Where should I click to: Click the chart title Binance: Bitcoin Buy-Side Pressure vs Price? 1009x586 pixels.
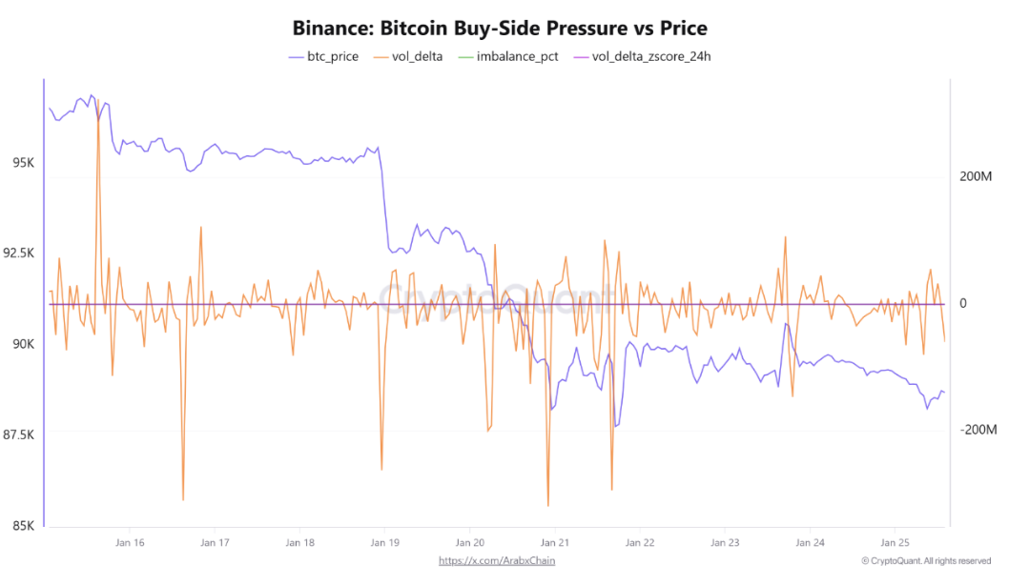click(x=500, y=28)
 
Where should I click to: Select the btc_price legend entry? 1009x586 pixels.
click(x=324, y=57)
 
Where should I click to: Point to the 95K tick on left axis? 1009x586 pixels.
click(x=23, y=163)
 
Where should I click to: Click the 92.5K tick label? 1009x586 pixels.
click(x=19, y=253)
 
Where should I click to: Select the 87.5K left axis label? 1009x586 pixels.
click(x=19, y=434)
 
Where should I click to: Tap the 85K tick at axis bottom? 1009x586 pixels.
click(x=23, y=525)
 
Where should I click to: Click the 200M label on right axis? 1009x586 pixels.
click(x=976, y=177)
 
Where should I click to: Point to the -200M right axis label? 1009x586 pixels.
click(x=978, y=430)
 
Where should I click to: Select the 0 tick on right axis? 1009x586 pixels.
click(x=963, y=304)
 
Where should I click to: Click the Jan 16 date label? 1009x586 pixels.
click(x=130, y=543)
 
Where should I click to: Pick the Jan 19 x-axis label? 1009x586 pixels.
click(x=384, y=543)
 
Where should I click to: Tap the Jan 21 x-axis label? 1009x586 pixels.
click(x=555, y=543)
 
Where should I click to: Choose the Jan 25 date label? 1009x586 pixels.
click(x=895, y=543)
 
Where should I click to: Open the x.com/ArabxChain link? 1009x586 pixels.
click(x=496, y=560)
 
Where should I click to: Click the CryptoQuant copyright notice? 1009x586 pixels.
click(x=925, y=561)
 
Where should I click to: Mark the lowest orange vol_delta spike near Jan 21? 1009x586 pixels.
click(x=548, y=506)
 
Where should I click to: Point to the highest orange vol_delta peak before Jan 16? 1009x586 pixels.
click(x=97, y=100)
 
